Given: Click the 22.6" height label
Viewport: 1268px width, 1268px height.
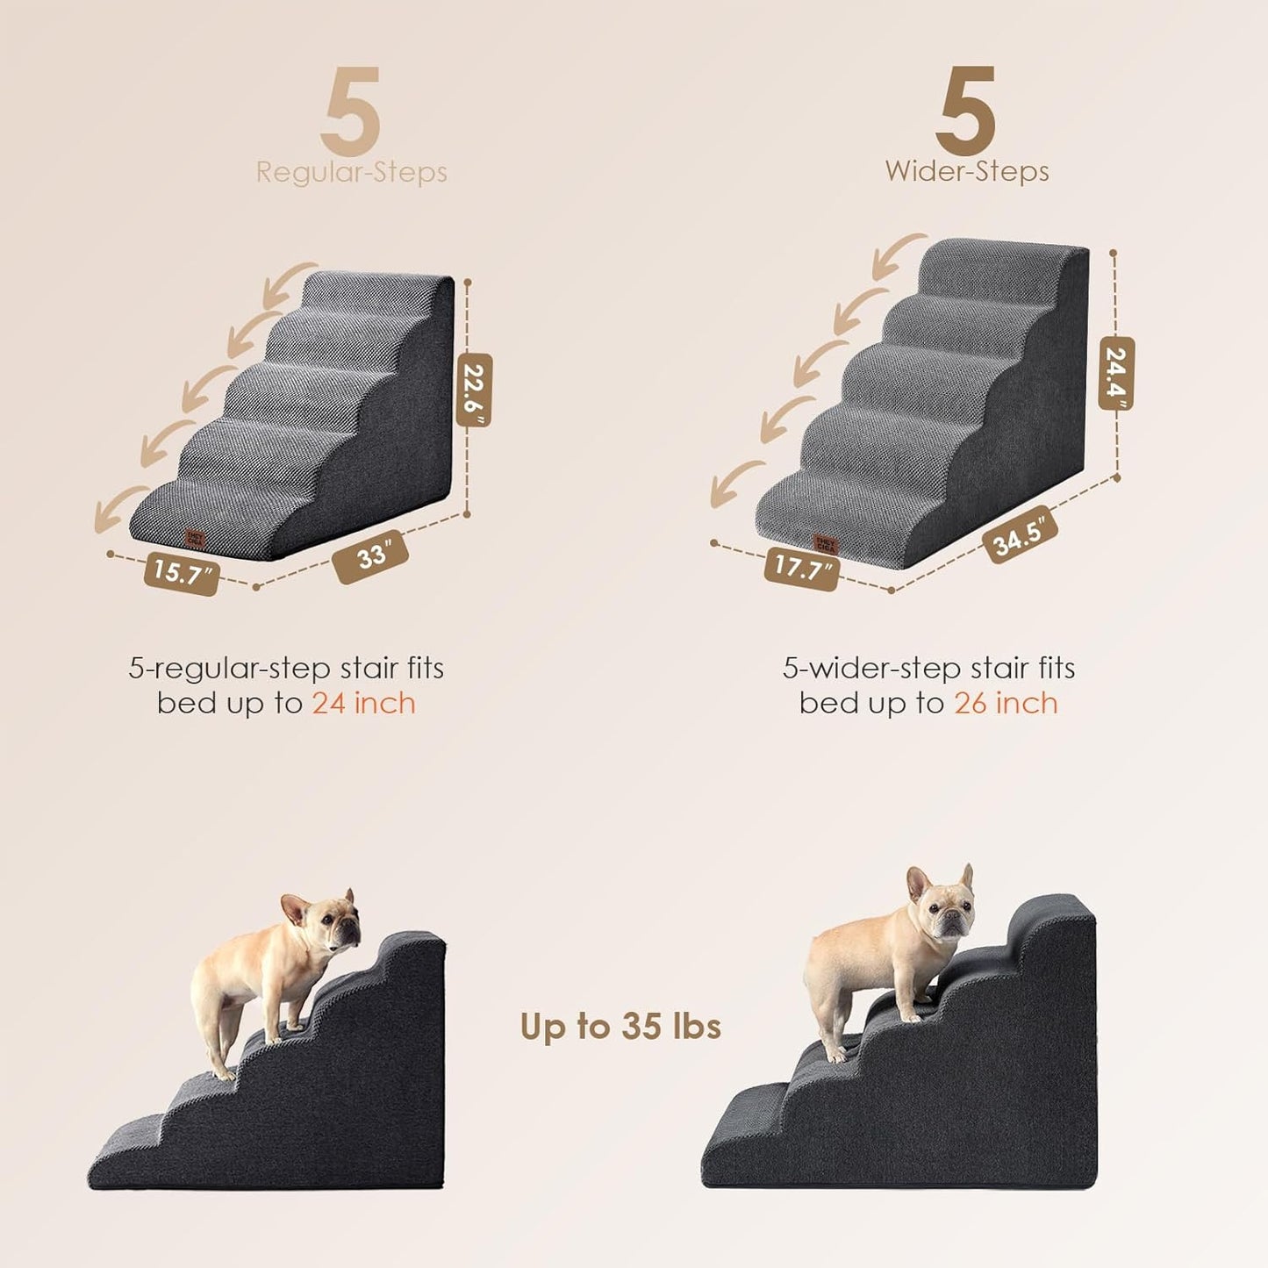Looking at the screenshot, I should (474, 390).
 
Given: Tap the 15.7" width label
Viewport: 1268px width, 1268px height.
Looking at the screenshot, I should (182, 573).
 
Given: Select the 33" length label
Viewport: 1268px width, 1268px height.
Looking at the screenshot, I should (371, 556).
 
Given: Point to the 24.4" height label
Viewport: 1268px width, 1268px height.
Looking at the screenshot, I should (1116, 373).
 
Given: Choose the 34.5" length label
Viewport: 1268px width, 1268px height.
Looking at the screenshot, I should (1020, 534).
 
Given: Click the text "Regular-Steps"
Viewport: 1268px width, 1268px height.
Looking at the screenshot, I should (351, 172).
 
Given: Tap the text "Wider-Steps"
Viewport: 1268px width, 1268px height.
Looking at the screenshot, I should (966, 171).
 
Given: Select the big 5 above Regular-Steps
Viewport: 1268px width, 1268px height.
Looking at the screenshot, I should (350, 112).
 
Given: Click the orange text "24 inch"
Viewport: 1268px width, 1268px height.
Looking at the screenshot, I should (363, 704).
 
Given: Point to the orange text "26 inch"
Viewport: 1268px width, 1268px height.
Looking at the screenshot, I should (1006, 704).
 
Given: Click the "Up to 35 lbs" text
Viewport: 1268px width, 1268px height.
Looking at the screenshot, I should (620, 1026).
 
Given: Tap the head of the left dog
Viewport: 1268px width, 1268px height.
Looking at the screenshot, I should (329, 921).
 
